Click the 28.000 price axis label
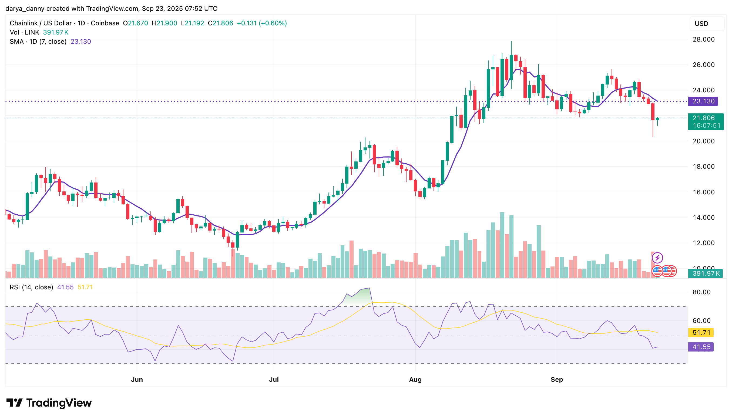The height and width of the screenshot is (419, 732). click(703, 39)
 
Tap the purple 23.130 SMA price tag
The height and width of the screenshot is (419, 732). click(703, 101)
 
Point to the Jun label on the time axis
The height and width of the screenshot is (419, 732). click(137, 379)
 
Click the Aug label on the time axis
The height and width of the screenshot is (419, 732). click(415, 379)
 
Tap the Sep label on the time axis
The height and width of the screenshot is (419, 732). click(556, 379)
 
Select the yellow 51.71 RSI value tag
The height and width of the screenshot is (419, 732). click(701, 333)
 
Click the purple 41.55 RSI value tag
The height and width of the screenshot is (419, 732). click(701, 347)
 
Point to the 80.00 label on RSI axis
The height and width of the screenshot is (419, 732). click(701, 292)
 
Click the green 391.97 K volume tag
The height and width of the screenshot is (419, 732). click(706, 273)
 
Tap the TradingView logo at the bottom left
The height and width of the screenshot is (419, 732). click(49, 403)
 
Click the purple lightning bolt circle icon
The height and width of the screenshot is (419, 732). click(657, 258)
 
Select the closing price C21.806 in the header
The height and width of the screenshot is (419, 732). click(220, 23)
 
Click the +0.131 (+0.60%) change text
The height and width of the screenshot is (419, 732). click(262, 23)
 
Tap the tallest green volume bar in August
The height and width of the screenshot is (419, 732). click(502, 245)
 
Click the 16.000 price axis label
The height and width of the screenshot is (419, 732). click(703, 192)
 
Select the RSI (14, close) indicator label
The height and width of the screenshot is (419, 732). click(31, 287)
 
